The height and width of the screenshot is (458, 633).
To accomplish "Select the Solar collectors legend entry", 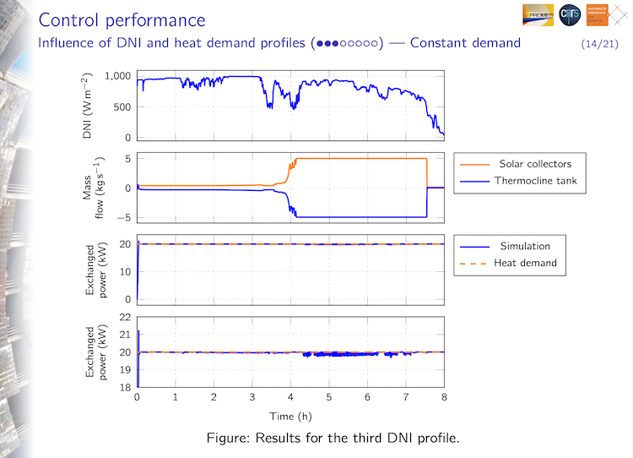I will [534, 164].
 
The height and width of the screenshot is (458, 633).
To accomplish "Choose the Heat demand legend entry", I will [525, 263].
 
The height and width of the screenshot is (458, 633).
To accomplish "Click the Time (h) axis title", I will [290, 417].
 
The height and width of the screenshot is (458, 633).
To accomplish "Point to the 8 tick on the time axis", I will [444, 397].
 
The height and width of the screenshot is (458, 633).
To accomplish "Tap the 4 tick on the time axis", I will [290, 397].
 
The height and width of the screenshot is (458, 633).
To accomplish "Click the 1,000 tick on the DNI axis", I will [118, 77].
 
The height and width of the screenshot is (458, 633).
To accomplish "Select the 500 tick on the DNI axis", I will [122, 107].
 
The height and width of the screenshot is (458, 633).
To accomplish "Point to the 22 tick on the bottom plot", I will [124, 317].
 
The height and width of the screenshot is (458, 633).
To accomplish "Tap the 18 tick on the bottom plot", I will [124, 387].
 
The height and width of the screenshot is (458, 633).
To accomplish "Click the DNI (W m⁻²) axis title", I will [87, 105].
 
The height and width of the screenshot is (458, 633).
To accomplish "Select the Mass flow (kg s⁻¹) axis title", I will [93, 188].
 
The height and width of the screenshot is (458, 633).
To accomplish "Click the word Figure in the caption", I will [228, 439].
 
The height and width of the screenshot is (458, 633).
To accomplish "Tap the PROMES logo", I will [538, 16].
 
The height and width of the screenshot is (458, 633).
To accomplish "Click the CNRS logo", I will [570, 16].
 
